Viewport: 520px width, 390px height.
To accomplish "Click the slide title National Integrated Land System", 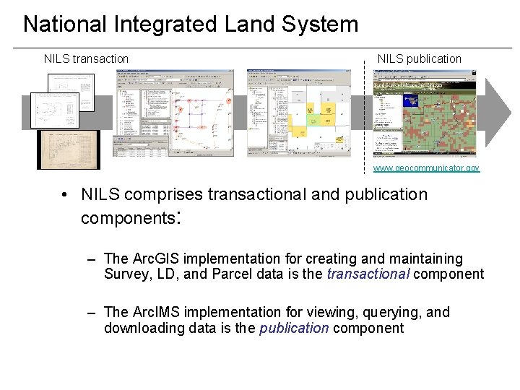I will [191, 24].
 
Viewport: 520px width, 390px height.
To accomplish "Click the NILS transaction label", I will [86, 58].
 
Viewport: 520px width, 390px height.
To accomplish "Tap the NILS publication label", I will [419, 58].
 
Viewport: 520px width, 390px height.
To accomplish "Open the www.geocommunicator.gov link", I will [425, 168].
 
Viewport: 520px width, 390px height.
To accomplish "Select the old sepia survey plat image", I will [69, 149].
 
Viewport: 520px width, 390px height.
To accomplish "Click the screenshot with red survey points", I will [175, 113].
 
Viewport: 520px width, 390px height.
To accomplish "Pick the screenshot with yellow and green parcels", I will [298, 113].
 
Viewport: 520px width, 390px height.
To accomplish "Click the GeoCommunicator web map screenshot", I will [425, 113].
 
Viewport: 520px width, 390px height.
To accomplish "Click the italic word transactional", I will [368, 274].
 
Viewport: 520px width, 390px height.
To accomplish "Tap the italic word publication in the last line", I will [294, 328].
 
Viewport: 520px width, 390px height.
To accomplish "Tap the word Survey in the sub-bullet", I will [124, 274].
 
